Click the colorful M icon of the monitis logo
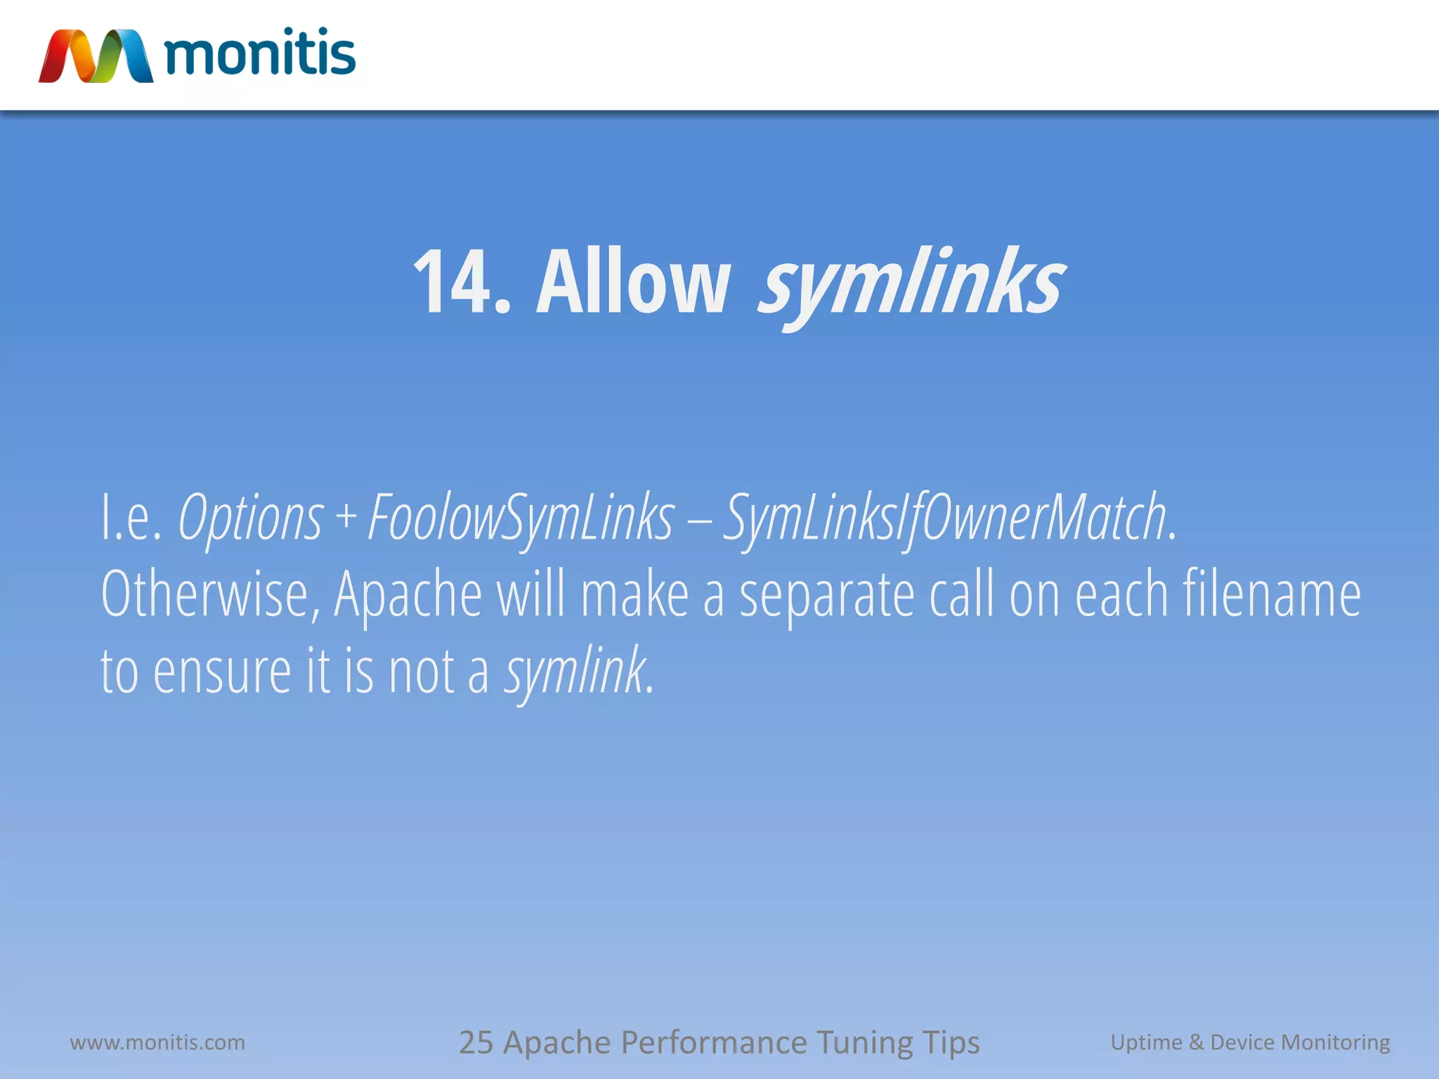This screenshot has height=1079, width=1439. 96,56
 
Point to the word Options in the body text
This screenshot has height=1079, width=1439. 250,518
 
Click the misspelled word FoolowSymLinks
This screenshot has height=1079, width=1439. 521,518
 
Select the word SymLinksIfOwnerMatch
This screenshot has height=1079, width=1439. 945,518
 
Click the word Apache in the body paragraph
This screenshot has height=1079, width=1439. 408,595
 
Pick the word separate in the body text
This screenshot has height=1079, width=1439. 826,595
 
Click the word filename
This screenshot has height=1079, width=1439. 1271,595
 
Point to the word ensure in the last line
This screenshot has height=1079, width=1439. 222,672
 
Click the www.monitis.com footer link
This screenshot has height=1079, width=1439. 157,1042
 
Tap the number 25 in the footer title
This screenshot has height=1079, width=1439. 476,1042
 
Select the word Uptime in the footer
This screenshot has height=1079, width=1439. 1145,1042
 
